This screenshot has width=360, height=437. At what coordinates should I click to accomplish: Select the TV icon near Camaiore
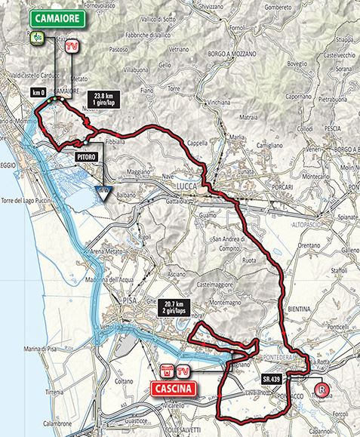pyautogui.click(x=72, y=46)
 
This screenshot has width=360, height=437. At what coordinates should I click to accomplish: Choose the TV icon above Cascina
pyautogui.click(x=183, y=371)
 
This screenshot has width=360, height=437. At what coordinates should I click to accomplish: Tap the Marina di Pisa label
pyautogui.click(x=44, y=346)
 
